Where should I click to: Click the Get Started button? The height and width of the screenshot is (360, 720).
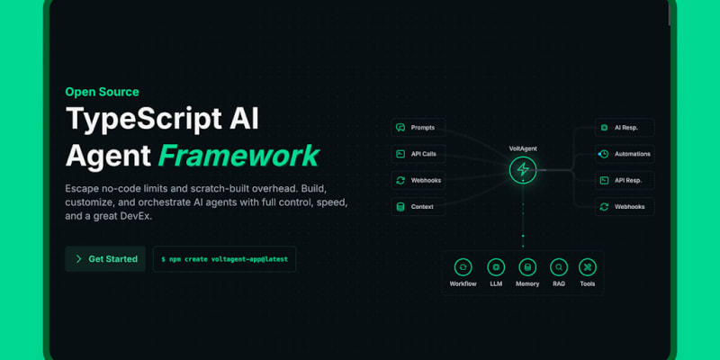pos(105,259)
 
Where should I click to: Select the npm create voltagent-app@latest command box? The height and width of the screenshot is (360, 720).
pos(224,259)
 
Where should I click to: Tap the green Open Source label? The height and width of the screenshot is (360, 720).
pos(102,92)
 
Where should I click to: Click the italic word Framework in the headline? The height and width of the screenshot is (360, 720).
pos(238,156)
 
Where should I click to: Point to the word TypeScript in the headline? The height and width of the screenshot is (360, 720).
pos(144,120)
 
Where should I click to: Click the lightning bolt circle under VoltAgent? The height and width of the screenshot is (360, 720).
pos(523,169)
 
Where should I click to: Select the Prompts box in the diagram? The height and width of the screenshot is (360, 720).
pos(418,128)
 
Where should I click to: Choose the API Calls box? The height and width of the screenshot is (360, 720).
pos(418,154)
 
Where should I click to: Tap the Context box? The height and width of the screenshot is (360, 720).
pos(418,207)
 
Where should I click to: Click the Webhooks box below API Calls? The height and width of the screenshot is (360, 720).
pos(418,181)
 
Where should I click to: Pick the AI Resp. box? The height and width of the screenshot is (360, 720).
pos(625,128)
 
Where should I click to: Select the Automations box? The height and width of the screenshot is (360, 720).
pos(625,154)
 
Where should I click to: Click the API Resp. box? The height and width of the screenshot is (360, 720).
pos(625,181)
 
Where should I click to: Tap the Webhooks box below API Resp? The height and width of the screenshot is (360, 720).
pos(625,207)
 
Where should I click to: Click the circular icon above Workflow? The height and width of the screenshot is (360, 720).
pos(463,266)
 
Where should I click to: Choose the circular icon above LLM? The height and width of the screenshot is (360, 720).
pos(496,266)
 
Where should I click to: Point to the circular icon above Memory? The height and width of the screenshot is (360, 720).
pos(527,266)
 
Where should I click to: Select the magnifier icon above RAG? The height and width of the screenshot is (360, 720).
pos(559,266)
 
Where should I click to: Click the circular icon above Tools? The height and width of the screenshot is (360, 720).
pos(588,266)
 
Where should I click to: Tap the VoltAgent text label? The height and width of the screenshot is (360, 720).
pos(523,148)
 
